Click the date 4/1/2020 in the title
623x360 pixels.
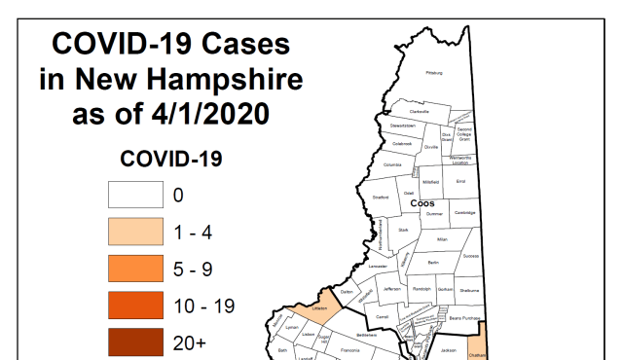[x=213, y=114]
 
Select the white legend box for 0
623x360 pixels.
[x=134, y=195]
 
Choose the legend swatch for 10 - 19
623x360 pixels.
[x=134, y=306]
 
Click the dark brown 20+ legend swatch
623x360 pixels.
[x=134, y=342]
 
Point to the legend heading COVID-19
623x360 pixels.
[x=171, y=158]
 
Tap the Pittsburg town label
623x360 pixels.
[x=433, y=73]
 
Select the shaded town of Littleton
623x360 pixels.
[x=316, y=310]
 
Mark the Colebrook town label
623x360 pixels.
[x=402, y=143]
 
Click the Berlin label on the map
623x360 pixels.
[x=433, y=263]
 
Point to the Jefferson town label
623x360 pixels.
[x=391, y=289]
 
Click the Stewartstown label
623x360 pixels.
[x=403, y=126]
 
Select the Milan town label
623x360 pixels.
[x=441, y=238]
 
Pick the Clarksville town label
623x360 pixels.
[x=420, y=111]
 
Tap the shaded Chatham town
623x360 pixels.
[x=477, y=352]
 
